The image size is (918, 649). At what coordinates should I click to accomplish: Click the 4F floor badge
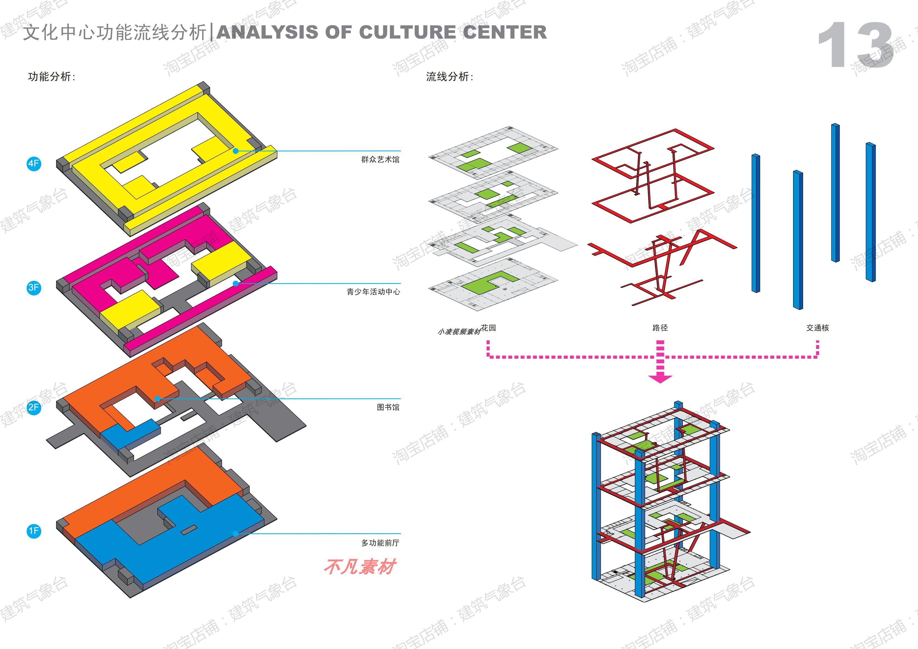tap(34, 163)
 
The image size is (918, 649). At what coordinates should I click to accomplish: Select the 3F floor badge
tap(34, 287)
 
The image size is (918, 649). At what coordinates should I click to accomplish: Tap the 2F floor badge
tap(34, 407)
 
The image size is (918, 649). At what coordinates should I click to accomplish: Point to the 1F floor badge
tap(34, 531)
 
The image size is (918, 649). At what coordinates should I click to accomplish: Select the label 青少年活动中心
tap(373, 292)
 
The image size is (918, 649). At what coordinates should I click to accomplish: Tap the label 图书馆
tap(388, 407)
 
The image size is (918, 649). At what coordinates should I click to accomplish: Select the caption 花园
tap(488, 328)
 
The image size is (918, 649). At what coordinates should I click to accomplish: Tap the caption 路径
tap(660, 328)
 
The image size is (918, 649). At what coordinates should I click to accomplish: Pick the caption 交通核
tap(817, 328)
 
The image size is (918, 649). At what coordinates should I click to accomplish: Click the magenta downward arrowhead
tap(660, 378)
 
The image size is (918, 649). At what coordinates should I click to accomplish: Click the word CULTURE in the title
tap(408, 32)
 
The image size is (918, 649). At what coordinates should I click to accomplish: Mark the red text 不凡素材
tap(359, 567)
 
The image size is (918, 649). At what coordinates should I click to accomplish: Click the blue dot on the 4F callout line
tap(236, 151)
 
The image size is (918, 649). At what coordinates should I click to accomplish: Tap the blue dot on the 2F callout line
tap(158, 398)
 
